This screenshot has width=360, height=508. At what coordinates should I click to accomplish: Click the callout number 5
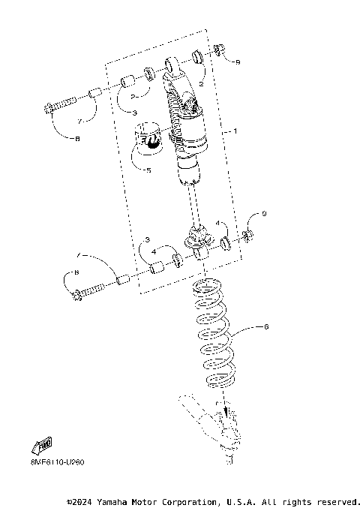pyautogui.click(x=148, y=170)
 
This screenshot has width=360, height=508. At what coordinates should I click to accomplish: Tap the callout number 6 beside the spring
pyautogui.click(x=265, y=327)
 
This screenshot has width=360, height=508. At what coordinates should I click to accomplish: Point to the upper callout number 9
pyautogui.click(x=238, y=62)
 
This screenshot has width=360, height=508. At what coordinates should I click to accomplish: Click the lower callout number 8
pyautogui.click(x=76, y=272)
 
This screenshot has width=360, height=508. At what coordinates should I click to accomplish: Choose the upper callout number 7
pyautogui.click(x=78, y=119)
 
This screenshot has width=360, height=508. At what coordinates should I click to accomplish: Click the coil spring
pyautogui.click(x=215, y=331)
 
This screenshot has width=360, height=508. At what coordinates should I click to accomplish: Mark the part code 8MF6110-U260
pyautogui.click(x=47, y=461)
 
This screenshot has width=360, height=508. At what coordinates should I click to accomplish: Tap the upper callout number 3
pyautogui.click(x=134, y=113)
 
